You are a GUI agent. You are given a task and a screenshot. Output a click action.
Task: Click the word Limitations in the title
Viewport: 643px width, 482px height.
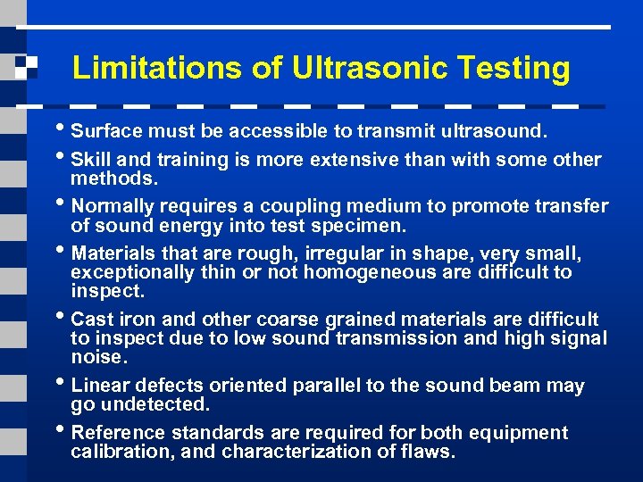pyautogui.click(x=141, y=68)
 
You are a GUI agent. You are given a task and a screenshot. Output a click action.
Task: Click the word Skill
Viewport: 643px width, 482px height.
pyautogui.click(x=90, y=160)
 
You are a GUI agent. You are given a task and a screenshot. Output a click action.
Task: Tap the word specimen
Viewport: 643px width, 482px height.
pyautogui.click(x=363, y=226)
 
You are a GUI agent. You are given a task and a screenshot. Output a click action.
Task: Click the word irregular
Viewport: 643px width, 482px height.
pyautogui.click(x=301, y=254)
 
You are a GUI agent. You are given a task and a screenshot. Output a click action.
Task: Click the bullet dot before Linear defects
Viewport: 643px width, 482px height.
pyautogui.click(x=62, y=385)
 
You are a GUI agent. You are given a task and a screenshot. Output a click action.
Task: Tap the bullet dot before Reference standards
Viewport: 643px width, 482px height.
pyautogui.click(x=62, y=432)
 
